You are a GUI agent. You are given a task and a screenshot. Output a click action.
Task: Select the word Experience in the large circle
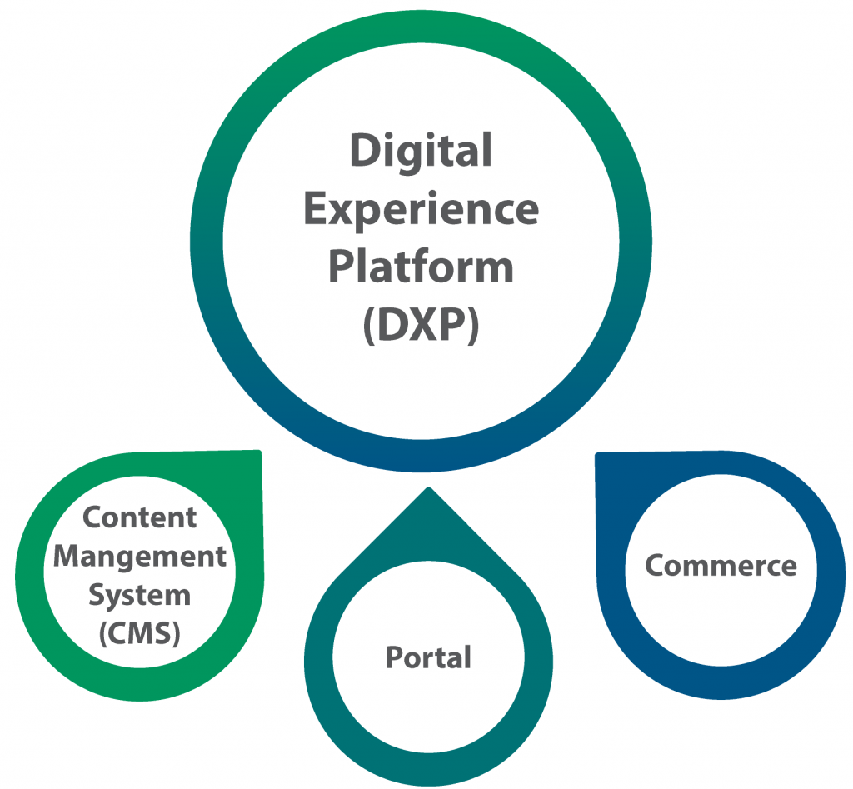click(421, 210)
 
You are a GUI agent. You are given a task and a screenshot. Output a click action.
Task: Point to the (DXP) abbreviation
click(421, 324)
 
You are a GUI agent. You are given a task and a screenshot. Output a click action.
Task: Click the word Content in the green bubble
click(140, 517)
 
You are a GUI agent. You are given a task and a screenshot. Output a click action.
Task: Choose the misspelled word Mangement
click(140, 557)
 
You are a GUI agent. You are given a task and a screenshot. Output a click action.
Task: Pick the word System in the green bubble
click(140, 595)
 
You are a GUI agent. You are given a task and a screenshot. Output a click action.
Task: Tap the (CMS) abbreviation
click(140, 633)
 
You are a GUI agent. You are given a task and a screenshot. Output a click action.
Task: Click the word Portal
click(428, 657)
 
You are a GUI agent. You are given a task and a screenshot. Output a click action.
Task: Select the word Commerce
click(721, 566)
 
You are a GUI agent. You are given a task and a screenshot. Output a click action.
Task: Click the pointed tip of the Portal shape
click(427, 490)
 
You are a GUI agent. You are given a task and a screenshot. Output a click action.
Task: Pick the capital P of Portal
click(392, 657)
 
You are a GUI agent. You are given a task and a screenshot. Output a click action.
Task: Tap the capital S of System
click(97, 595)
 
